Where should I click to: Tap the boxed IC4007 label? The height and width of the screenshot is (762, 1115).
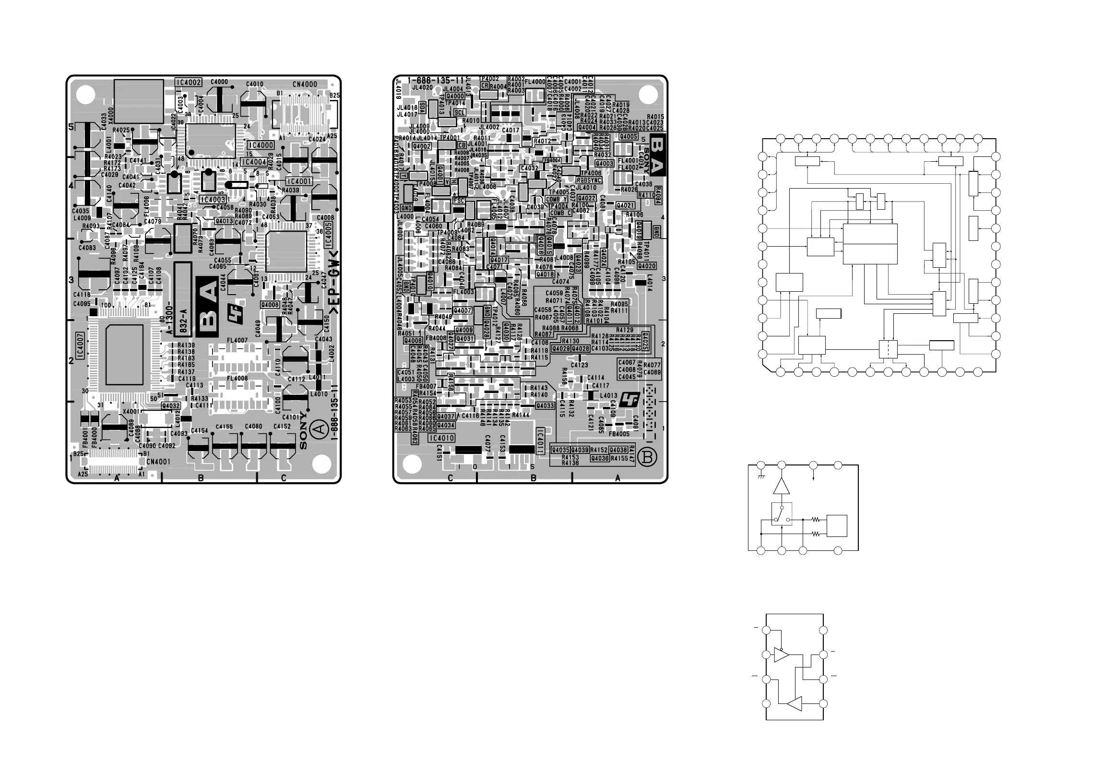point(80,345)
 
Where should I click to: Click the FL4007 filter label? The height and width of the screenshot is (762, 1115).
point(237,340)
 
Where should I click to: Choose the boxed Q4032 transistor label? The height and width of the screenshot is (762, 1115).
point(171,405)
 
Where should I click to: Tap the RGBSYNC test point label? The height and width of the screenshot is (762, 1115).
point(589,180)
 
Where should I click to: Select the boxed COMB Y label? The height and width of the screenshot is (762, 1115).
point(557,199)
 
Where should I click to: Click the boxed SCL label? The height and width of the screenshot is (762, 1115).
point(459,112)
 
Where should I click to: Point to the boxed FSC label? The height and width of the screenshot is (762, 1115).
point(459,201)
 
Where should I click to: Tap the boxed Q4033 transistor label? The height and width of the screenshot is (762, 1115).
point(545,405)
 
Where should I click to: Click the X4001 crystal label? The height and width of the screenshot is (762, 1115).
point(131,412)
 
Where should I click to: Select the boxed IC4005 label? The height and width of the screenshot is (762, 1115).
point(328,235)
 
